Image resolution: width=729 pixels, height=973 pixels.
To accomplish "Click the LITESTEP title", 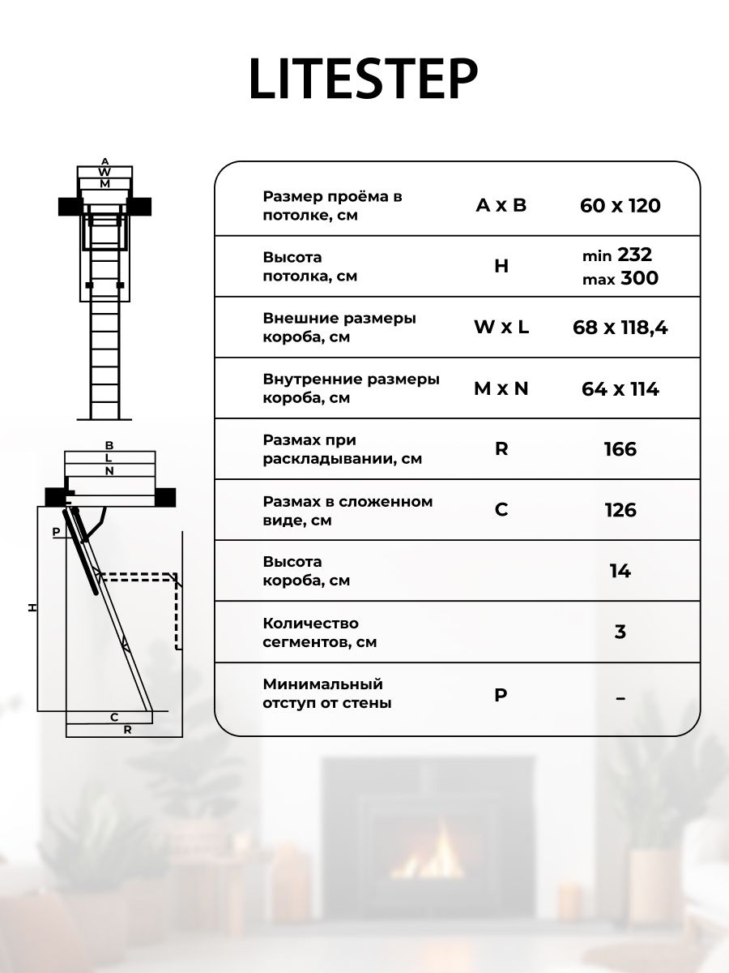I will coord(363,79).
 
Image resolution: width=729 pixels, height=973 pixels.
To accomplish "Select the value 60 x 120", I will coord(620,205).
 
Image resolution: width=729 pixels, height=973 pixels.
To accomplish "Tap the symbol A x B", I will coord(501,205).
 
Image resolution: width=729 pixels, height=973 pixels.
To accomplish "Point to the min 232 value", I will coord(617,255).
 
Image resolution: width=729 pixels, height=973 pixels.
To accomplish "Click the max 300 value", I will coord(620,279).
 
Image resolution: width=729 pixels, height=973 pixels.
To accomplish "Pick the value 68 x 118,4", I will coord(620,328).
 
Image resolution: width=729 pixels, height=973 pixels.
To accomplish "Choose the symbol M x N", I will coord(501,388).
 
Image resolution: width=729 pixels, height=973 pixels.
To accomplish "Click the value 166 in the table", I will coord(620,449).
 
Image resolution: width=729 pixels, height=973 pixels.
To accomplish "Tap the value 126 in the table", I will coord(620,510).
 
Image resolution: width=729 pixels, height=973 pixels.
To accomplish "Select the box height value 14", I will coord(620,571).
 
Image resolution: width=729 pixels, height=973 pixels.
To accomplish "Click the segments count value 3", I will coord(620,632).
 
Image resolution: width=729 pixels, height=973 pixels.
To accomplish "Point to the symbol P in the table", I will coord(501,694).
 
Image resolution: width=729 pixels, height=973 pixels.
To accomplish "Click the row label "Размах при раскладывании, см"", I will coord(343,449).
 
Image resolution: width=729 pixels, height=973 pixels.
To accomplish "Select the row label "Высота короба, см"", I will coord(306,571).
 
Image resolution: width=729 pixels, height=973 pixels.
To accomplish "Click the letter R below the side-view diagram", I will coord(127,730).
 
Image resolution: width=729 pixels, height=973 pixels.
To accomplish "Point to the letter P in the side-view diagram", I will coord(56,532).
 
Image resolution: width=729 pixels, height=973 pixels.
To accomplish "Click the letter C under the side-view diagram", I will coord(115,717).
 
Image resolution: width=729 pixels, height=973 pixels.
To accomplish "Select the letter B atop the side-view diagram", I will coord(109,445).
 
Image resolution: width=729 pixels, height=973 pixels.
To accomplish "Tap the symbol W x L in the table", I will coord(501,328).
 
